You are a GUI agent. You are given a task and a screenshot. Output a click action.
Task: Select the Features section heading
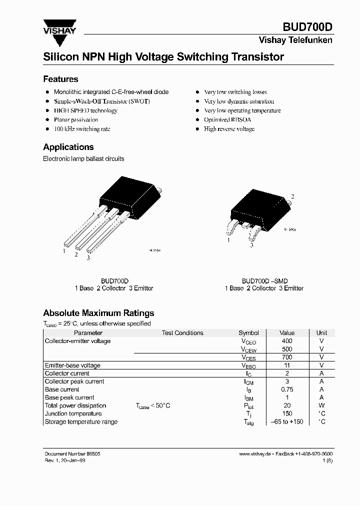[x=60, y=79]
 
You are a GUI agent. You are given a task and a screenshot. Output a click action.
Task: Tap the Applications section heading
[x=68, y=147]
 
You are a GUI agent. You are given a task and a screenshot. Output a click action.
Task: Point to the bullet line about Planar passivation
[x=76, y=120]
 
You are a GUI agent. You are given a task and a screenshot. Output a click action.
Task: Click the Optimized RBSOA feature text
[x=227, y=120]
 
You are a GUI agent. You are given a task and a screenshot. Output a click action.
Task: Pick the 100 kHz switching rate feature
[x=82, y=129]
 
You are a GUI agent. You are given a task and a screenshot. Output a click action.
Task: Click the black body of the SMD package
[x=257, y=207]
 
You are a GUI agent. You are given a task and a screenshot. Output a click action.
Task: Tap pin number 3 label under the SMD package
[x=251, y=245]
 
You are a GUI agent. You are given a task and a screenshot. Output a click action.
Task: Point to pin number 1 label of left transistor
[x=64, y=251]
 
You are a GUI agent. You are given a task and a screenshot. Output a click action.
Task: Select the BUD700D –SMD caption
[x=264, y=281]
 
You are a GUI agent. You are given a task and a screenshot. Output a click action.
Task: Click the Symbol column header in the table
[x=248, y=333]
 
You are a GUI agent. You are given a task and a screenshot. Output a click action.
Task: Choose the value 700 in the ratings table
[x=287, y=357]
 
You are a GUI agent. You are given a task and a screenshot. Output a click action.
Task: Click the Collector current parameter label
[x=67, y=373]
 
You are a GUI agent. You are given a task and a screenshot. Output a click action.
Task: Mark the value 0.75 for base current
[x=287, y=389]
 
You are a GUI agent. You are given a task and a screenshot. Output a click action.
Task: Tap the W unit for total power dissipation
[x=321, y=405]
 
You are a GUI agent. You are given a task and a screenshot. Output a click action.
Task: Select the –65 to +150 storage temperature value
[x=287, y=421]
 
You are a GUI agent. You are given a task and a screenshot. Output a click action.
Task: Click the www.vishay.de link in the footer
[x=255, y=453]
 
